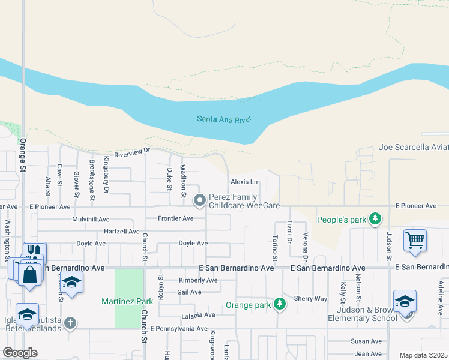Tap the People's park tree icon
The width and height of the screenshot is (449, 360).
click(376, 218)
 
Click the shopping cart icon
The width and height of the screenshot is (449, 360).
click(415, 240)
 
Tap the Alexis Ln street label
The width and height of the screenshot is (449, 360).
click(244, 182)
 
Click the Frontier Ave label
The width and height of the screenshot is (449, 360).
click(175, 218)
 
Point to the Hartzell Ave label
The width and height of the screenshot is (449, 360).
click(122, 231)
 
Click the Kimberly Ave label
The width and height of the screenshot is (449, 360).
click(198, 280)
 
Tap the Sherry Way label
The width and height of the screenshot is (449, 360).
click(310, 298)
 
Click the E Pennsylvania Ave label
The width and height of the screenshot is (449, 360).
click(178, 329)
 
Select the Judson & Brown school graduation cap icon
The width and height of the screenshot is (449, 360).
click(405, 300)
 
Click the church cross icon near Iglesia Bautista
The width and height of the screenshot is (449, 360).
click(70, 323)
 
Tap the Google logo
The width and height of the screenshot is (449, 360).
click(19, 353)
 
